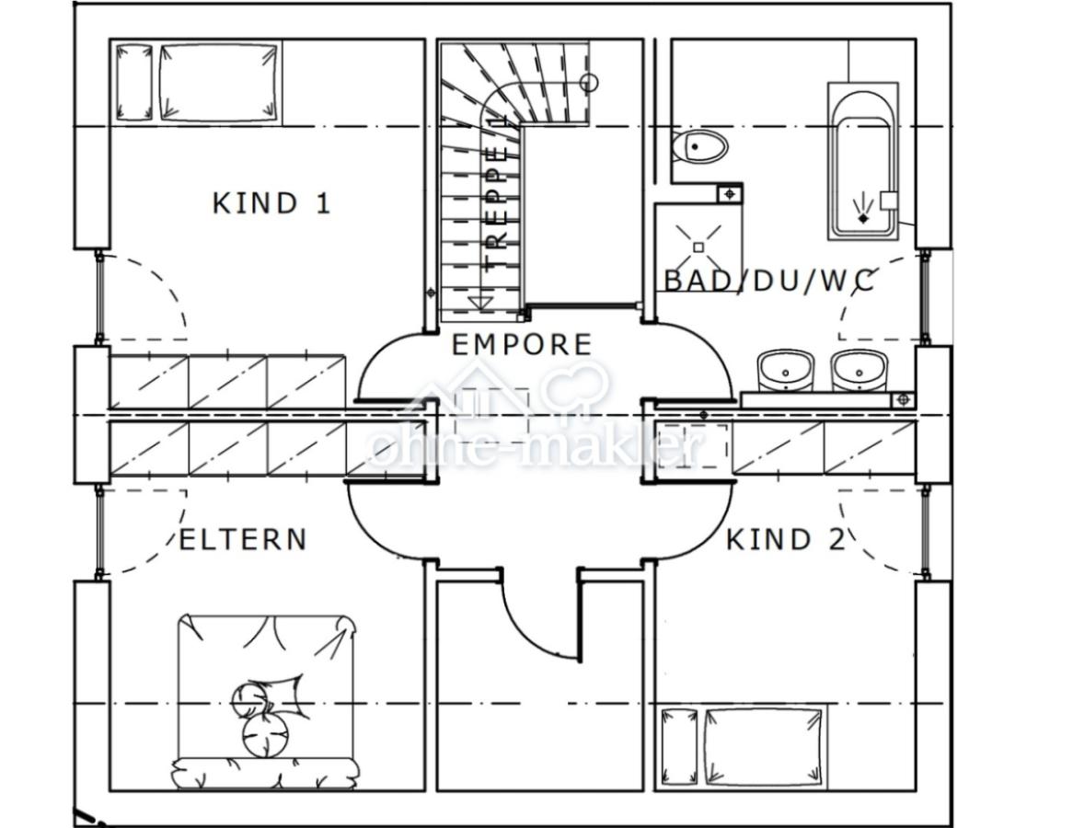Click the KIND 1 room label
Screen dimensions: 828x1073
(271, 202)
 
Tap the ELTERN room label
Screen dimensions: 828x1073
(242, 539)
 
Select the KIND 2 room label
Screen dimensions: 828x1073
(785, 539)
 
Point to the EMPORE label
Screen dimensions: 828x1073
(522, 345)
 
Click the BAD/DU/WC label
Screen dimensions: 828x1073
(769, 281)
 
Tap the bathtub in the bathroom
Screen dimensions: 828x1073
(862, 162)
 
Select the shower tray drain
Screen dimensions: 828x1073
(698, 247)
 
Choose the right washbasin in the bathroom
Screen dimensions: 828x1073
(859, 371)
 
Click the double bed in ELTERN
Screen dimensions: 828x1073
(266, 699)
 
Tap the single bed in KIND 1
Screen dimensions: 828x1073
(198, 82)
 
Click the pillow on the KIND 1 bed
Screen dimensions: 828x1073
(133, 82)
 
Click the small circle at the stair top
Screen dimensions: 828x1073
(589, 83)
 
